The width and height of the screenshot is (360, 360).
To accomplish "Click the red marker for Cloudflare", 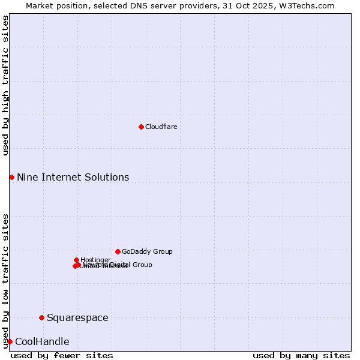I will (141, 127).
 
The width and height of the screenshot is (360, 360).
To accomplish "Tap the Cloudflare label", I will (161, 127).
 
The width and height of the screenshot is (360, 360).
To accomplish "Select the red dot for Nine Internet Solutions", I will (11, 177).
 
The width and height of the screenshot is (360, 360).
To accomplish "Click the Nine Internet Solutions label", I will (73, 177).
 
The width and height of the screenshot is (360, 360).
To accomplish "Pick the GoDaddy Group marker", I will (118, 251).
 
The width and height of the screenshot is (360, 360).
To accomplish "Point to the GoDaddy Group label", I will (147, 251).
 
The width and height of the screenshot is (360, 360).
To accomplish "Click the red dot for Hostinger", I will (77, 260).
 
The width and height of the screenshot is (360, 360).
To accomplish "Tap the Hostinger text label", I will (96, 260).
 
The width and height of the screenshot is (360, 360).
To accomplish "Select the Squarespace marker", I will (41, 317).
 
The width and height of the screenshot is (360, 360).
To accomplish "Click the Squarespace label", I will (77, 317).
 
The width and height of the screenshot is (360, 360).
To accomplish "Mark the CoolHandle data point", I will (10, 341).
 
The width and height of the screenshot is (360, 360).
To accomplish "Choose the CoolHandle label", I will (42, 342).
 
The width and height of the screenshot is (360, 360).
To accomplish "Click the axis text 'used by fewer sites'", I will (62, 355).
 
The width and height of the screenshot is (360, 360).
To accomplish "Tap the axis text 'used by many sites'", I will (301, 355).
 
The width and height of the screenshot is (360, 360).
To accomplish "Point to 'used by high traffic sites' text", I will (6, 85).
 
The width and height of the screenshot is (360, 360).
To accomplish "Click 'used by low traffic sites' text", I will (6, 280).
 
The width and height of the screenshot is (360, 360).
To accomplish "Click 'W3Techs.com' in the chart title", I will (309, 5).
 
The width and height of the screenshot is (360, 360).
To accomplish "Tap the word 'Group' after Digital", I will (142, 265).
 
